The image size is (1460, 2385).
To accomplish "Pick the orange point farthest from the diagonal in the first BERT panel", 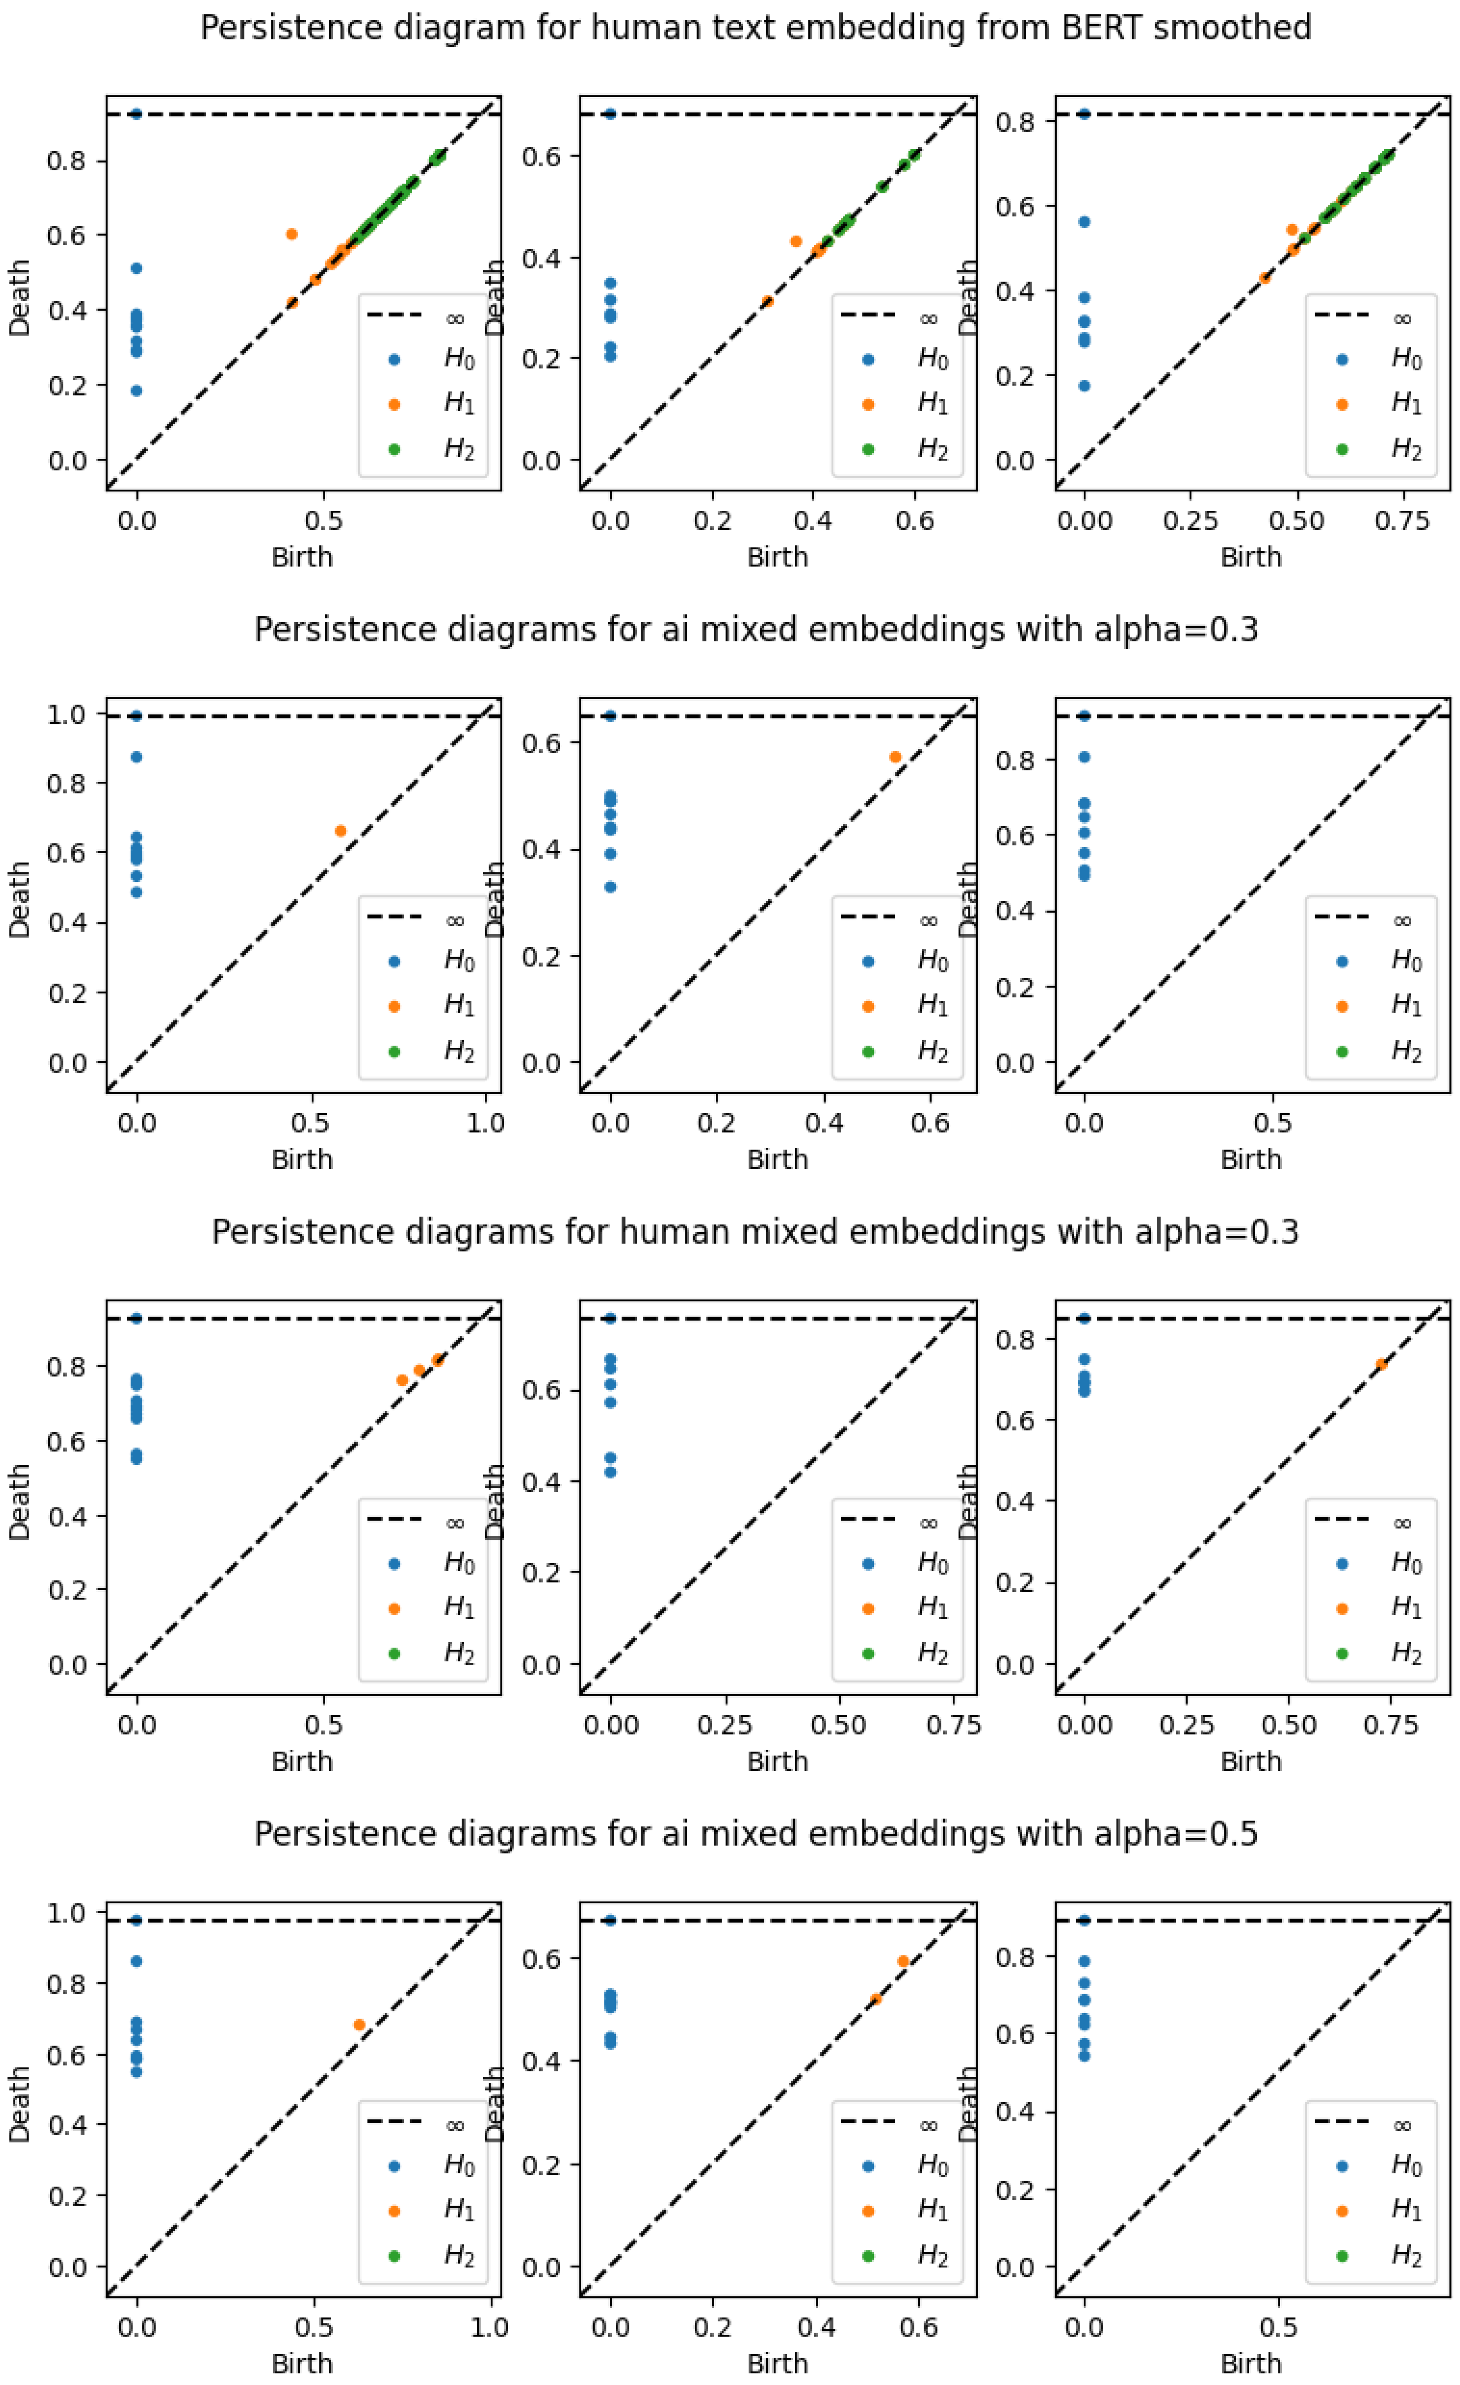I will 291,234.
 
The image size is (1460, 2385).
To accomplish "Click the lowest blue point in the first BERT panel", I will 136,391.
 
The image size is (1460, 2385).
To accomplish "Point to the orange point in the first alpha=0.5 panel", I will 359,2025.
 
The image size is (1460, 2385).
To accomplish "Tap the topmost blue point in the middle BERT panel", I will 610,114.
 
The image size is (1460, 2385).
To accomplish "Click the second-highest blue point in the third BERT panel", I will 1085,222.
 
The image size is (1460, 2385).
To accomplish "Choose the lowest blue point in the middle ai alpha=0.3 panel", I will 610,886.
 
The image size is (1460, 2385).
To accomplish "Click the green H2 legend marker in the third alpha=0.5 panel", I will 1342,2256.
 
